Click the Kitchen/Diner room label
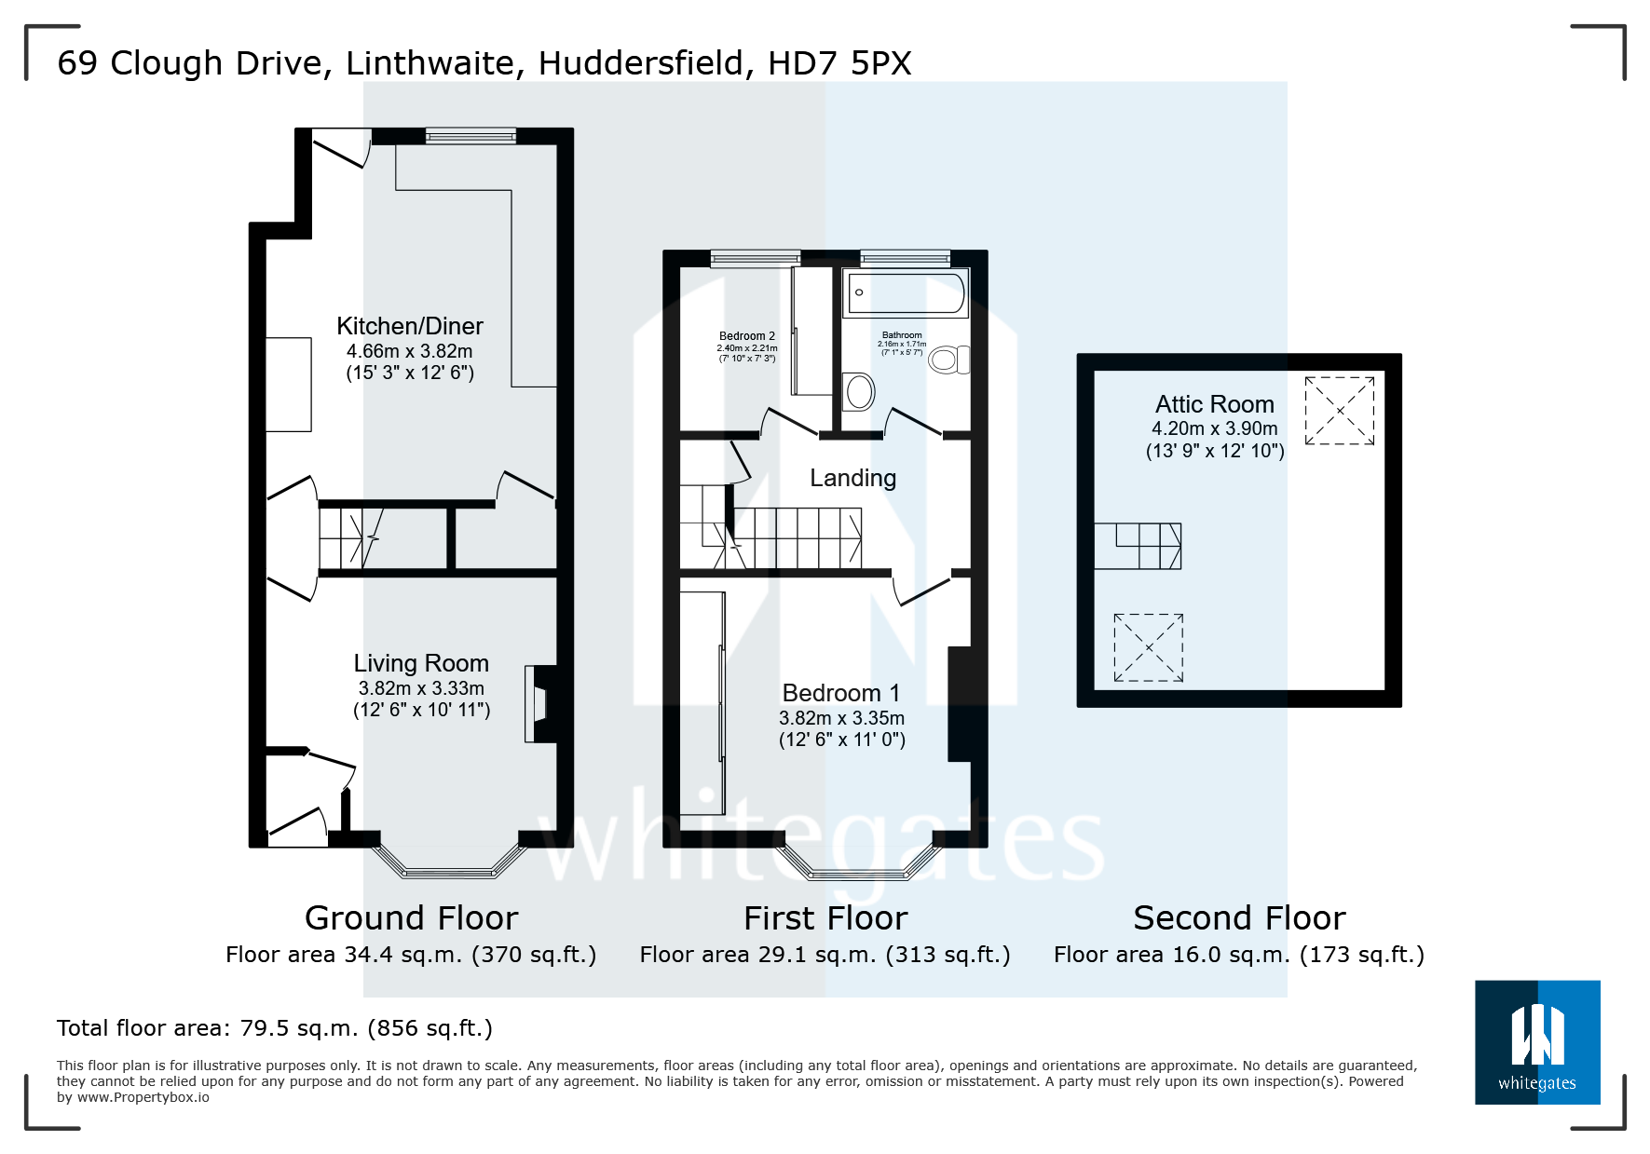click(409, 327)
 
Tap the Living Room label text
click(421, 663)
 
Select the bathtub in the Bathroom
click(906, 292)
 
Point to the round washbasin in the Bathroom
click(860, 392)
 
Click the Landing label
click(852, 478)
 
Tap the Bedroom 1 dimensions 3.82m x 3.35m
click(841, 718)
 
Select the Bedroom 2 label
click(746, 336)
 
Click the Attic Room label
click(1214, 404)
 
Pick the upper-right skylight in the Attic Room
click(1339, 410)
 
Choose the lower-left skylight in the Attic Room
click(1148, 647)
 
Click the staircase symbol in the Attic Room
click(1138, 546)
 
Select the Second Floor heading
click(1238, 918)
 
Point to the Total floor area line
click(274, 1028)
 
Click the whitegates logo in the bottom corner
click(1536, 1042)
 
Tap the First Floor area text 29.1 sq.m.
click(825, 955)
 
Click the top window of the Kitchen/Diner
click(470, 136)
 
